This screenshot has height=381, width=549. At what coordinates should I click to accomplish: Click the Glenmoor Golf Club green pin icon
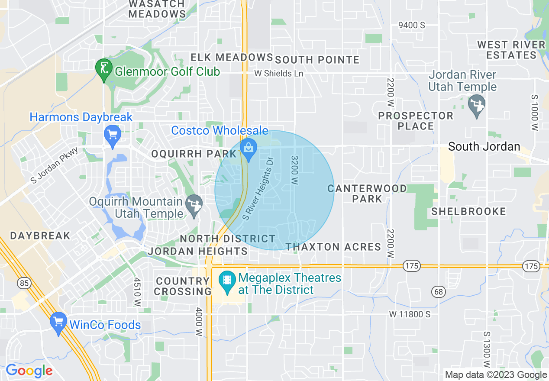[x=104, y=70]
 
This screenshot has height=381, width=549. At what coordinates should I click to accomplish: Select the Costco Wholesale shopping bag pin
[x=249, y=149]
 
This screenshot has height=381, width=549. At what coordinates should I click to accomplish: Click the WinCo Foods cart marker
[x=58, y=323]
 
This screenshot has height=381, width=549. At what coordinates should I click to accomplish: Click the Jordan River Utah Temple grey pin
[x=477, y=105]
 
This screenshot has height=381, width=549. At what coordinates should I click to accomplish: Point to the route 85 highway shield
[x=23, y=283]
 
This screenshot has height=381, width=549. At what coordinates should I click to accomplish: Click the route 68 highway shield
[x=439, y=291]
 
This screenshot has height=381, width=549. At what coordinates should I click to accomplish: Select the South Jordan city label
[x=484, y=146]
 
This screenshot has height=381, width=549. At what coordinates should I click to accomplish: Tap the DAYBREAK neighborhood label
[x=40, y=236]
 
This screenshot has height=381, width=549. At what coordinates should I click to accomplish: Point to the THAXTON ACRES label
[x=333, y=247]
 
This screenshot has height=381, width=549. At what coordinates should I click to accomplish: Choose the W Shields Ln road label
[x=278, y=73]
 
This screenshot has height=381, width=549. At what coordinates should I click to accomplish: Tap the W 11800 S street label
[x=409, y=314]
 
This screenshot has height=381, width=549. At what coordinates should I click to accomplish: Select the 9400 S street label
[x=411, y=25]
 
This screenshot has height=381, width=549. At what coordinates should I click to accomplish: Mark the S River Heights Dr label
[x=258, y=188]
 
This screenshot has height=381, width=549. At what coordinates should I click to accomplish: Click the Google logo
[x=29, y=371]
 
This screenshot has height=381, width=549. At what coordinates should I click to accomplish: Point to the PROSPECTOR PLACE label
[x=415, y=121]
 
